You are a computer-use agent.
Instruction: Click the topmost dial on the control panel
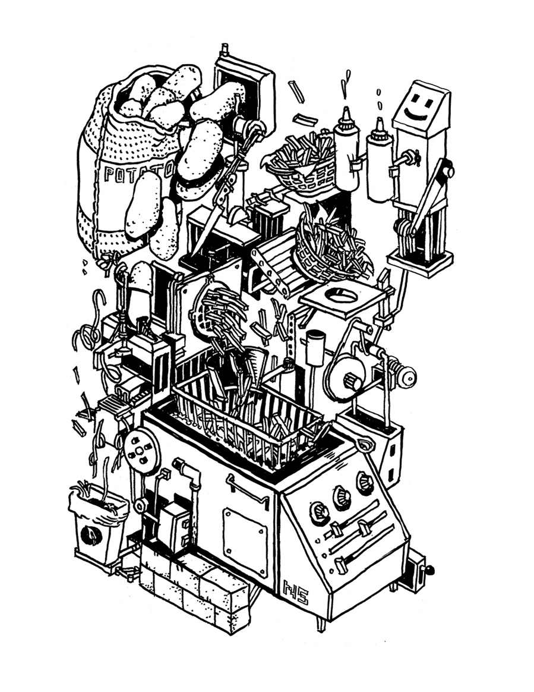click(x=364, y=483)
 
